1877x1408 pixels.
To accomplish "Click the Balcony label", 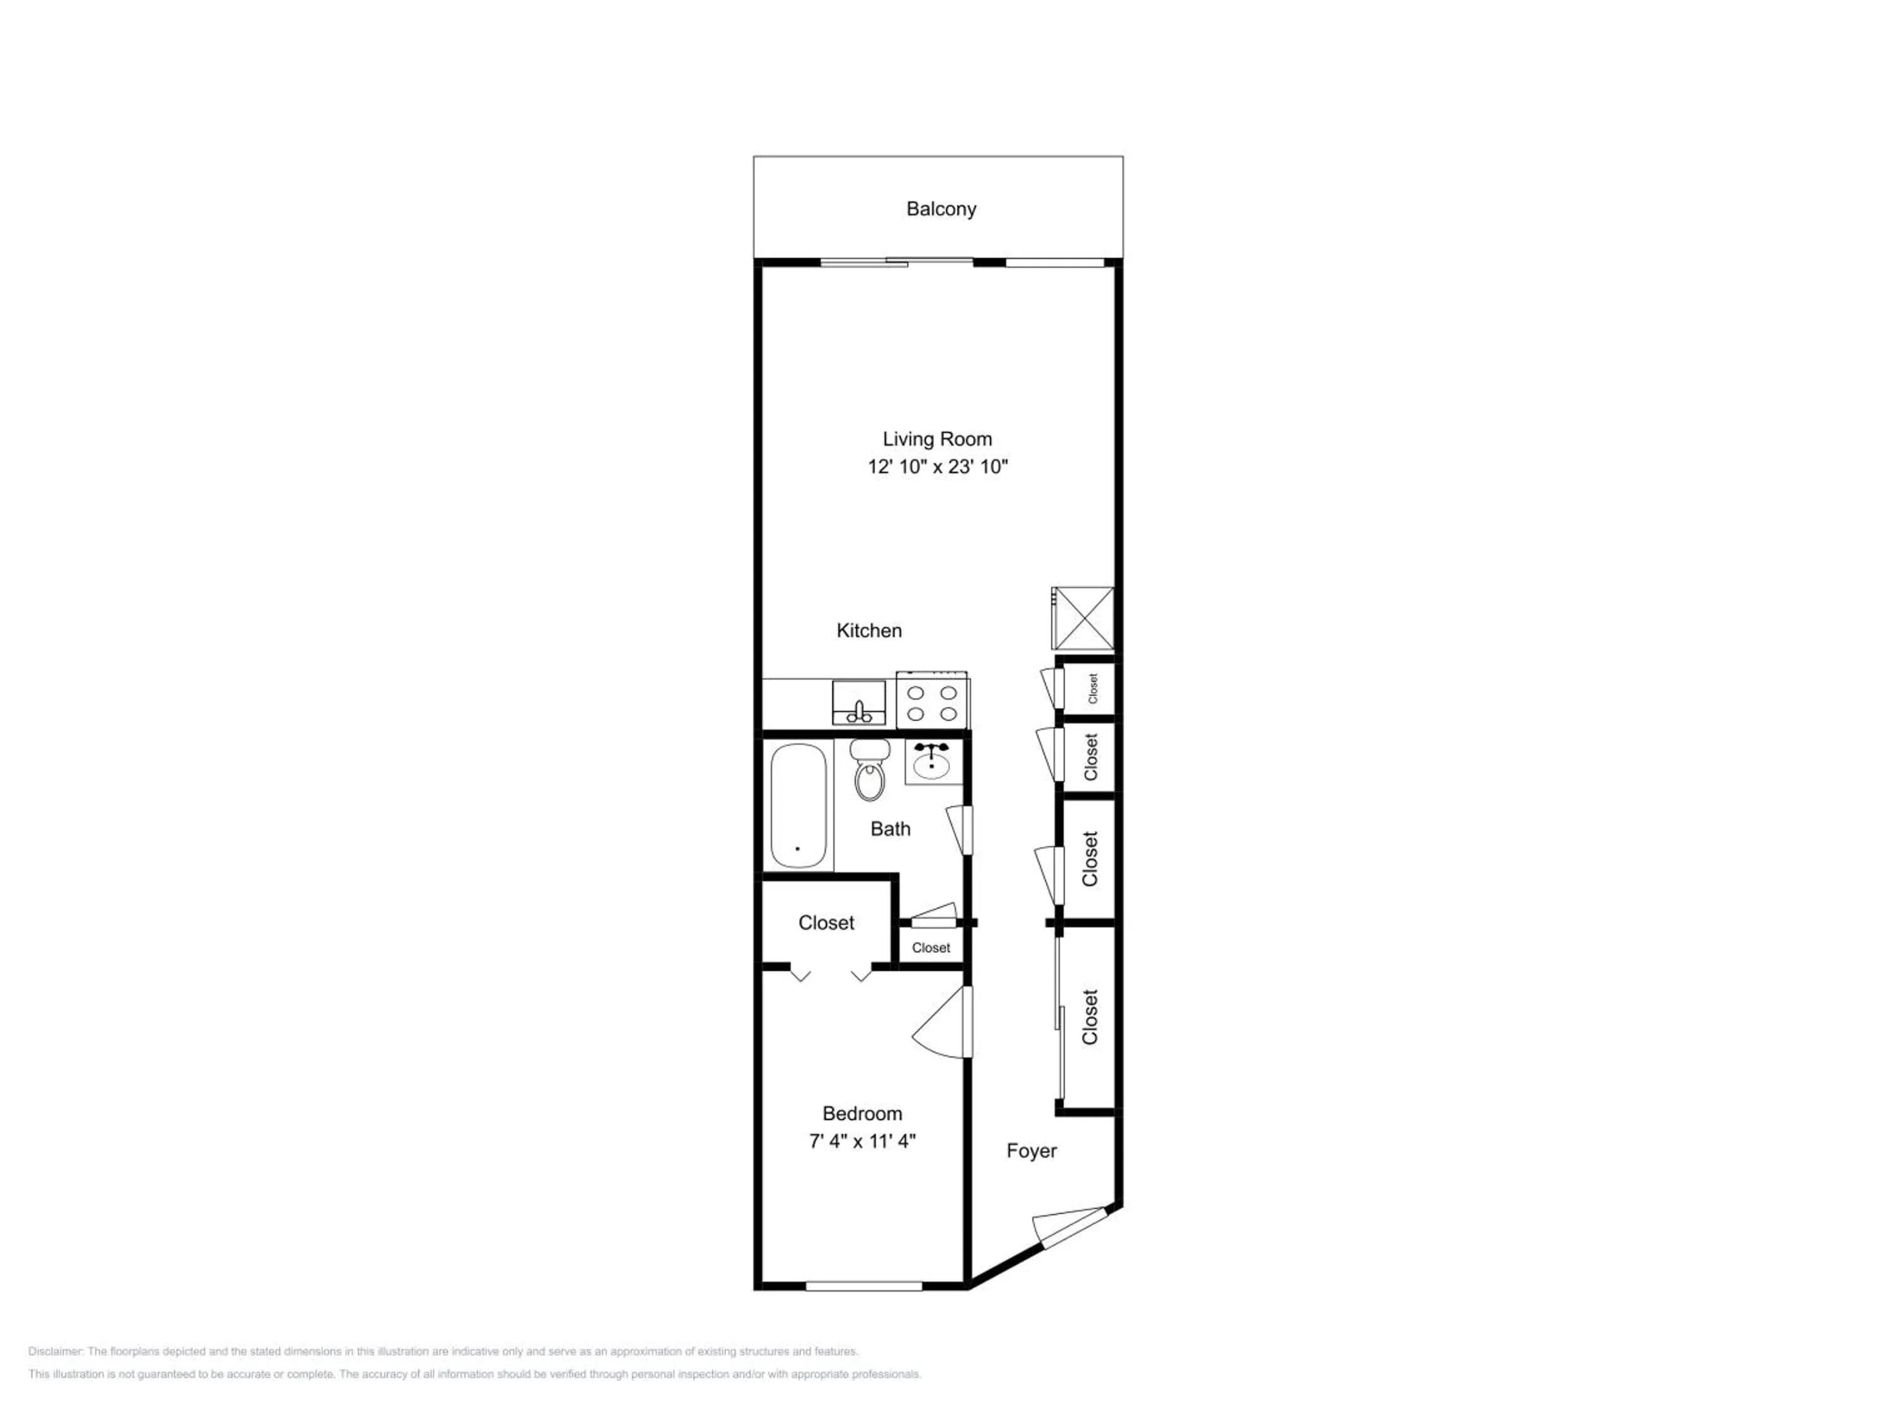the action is tap(941, 209).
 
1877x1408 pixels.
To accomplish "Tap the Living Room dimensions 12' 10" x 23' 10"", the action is tap(938, 466).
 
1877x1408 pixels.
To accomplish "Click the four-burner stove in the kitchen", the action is tap(932, 701).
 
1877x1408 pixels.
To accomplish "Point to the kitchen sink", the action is tap(859, 703).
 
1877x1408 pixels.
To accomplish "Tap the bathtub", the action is tap(798, 806).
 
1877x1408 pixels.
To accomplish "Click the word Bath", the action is tap(890, 829).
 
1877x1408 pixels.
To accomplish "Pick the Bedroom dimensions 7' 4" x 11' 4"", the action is tap(862, 1141).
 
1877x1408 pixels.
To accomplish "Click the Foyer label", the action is tap(1032, 1151).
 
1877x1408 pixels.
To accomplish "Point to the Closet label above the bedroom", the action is tap(827, 922).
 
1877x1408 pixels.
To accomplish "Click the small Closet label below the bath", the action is tap(931, 948).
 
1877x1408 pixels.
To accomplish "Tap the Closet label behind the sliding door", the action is tap(1091, 1017).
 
